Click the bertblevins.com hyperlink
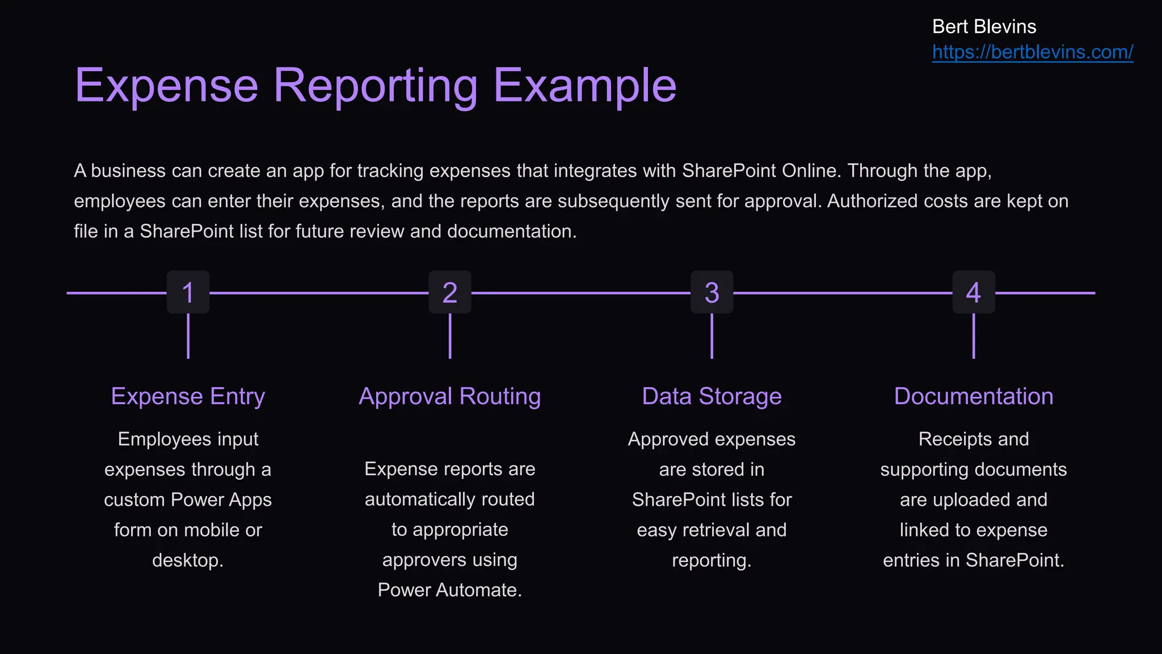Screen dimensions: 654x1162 pyautogui.click(x=1032, y=52)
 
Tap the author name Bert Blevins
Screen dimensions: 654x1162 pyautogui.click(x=984, y=27)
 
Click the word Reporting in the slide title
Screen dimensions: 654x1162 pyautogui.click(x=376, y=86)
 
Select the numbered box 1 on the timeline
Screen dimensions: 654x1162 pyautogui.click(x=188, y=292)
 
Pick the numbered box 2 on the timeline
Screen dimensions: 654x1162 pyautogui.click(x=450, y=292)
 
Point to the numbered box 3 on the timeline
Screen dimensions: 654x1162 pyautogui.click(x=711, y=292)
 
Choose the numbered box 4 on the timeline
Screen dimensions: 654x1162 pyautogui.click(x=974, y=292)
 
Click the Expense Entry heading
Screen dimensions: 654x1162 pyautogui.click(x=188, y=396)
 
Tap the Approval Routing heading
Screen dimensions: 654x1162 pyautogui.click(x=450, y=396)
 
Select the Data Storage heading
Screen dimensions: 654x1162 pyautogui.click(x=711, y=396)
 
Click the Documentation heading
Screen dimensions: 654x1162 pyautogui.click(x=974, y=396)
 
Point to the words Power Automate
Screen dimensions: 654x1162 pyautogui.click(x=449, y=590)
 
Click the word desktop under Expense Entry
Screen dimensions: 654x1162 pyautogui.click(x=187, y=560)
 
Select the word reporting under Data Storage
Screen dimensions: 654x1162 pyautogui.click(x=711, y=560)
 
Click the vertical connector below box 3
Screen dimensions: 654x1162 pyautogui.click(x=711, y=336)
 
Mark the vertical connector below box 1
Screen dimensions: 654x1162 pyautogui.click(x=188, y=336)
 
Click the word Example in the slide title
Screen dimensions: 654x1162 pyautogui.click(x=585, y=86)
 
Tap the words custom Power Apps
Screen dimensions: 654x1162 pyautogui.click(x=188, y=500)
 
